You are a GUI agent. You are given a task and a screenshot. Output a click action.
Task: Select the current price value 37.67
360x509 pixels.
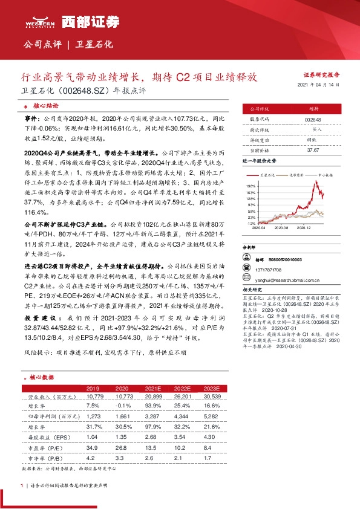pyautogui.click(x=313, y=149)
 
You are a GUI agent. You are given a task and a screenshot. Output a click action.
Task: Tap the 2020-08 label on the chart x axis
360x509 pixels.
pyautogui.click(x=281, y=228)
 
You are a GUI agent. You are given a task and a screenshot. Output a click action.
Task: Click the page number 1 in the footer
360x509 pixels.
pyautogui.click(x=22, y=486)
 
